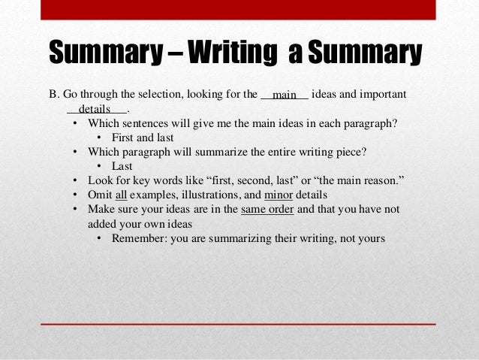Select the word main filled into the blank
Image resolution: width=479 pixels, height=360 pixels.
pos(285,96)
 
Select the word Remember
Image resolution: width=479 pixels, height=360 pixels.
pos(140,238)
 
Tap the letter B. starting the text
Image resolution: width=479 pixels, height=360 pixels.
pos(53,95)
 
